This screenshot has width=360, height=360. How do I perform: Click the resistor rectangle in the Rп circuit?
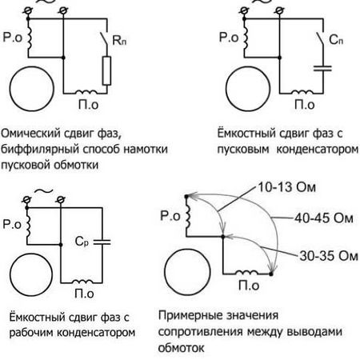106,70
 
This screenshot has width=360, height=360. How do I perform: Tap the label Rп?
119,40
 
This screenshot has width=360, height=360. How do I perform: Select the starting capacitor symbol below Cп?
322,68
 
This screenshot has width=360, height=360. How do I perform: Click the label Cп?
336,40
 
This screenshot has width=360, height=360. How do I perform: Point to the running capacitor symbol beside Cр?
102,242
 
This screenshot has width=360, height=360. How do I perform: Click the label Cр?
82,242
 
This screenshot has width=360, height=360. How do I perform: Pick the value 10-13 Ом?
287,187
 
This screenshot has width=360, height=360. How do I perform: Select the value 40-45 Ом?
324,218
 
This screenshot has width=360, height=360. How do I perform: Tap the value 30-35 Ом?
329,256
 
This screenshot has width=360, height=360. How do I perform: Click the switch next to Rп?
104,39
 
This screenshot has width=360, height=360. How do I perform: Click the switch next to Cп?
320,39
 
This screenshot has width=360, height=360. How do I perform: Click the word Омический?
30,133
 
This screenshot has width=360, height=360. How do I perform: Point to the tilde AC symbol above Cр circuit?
43,190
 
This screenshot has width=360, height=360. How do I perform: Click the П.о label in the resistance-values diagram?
249,286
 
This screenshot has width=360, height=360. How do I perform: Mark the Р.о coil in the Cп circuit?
246,38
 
